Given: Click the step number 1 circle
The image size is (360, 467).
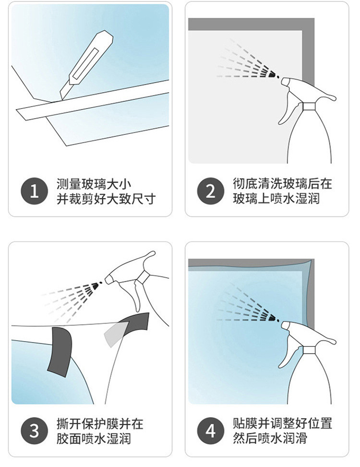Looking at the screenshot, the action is tap(34, 191).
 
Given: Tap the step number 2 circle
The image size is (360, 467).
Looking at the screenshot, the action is tap(211, 191).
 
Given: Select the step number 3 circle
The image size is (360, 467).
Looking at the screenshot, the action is tap(34, 431).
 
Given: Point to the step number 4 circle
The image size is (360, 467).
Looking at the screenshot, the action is tap(211, 431).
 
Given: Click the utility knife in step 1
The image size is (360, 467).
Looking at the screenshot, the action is tap(86, 66).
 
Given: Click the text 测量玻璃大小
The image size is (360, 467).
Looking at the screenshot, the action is tap(94, 184).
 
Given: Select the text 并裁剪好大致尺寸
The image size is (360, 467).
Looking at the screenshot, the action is tap(106, 199).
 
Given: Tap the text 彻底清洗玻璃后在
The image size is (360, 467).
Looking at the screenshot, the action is tap(282, 184).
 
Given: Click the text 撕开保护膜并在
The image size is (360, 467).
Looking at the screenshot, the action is tap(100, 424).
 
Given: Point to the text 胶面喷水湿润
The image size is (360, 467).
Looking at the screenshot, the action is tap(94, 439).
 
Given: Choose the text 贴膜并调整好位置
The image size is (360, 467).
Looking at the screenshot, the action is tap(282, 423).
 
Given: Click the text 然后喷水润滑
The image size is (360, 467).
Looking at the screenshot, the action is tap(270, 438).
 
